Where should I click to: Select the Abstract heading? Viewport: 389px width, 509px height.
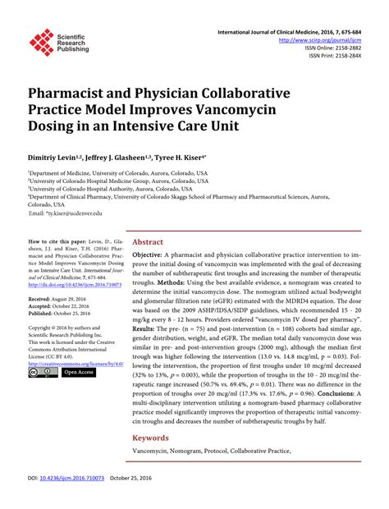pyautogui.click(x=148, y=243)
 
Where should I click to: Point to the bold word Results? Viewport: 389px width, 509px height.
pyautogui.click(x=149, y=327)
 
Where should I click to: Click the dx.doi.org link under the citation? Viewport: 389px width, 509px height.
pyautogui.click(x=75, y=284)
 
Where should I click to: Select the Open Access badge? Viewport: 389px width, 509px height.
pyautogui.click(x=78, y=372)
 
